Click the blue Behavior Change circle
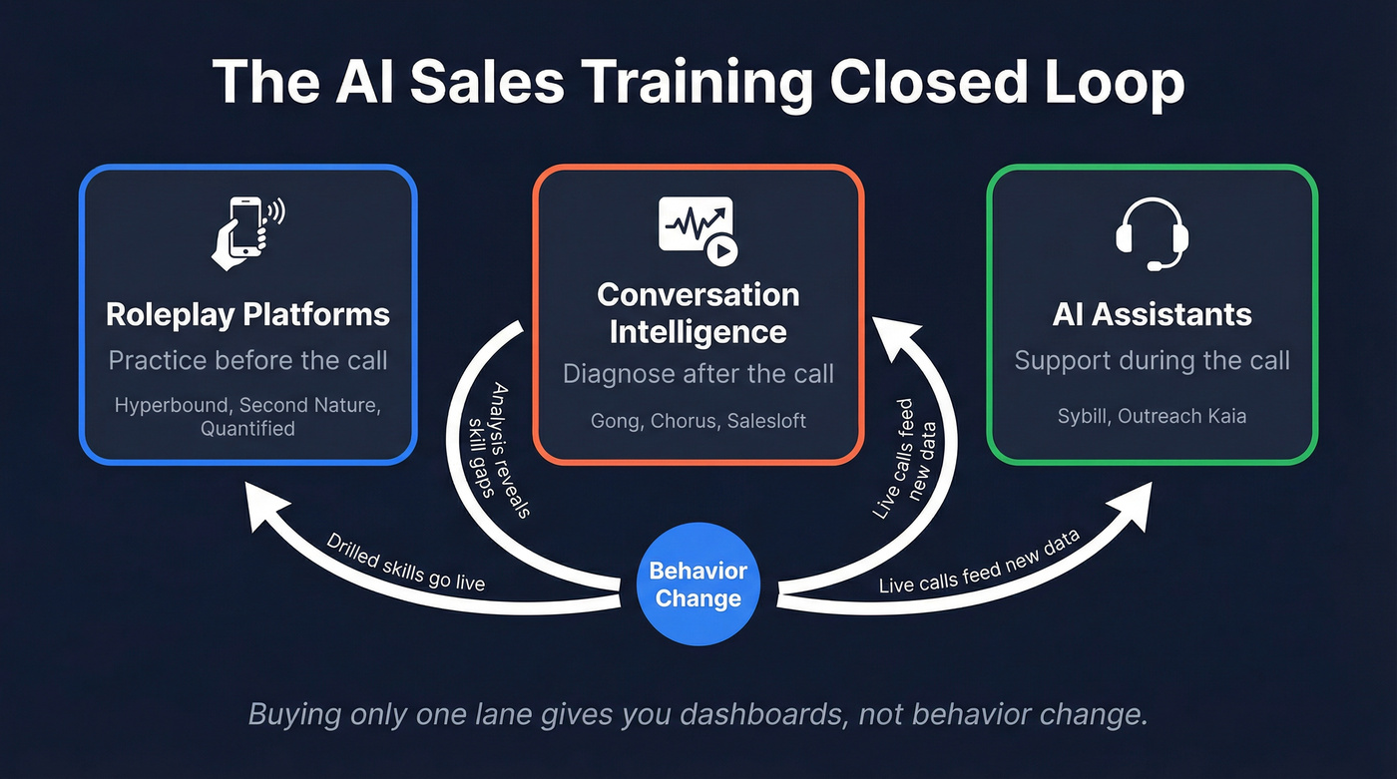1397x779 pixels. tap(698, 584)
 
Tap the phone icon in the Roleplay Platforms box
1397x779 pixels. tap(245, 232)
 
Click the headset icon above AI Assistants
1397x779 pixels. tap(1152, 235)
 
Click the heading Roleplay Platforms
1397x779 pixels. tap(247, 315)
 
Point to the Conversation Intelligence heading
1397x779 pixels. tap(698, 313)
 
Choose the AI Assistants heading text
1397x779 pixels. tap(1152, 315)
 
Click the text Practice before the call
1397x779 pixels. tap(247, 360)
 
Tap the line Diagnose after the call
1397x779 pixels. tap(698, 374)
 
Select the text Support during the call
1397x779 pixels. tap(1152, 360)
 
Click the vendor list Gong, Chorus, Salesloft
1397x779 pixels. tap(698, 420)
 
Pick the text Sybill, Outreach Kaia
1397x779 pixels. tap(1152, 415)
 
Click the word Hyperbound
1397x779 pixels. tap(173, 406)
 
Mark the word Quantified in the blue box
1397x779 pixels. tap(247, 429)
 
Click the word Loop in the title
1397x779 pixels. tap(1108, 83)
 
